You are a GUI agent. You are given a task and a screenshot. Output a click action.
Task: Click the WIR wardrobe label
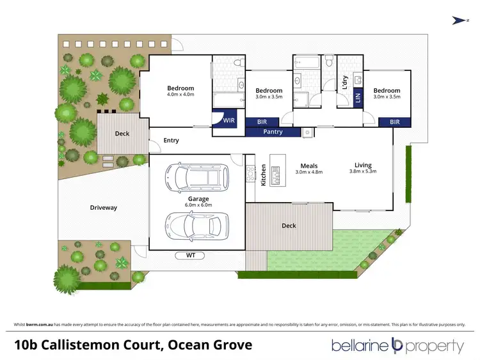click(x=229, y=120)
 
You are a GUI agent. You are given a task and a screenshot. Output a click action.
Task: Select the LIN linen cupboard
click(x=358, y=97)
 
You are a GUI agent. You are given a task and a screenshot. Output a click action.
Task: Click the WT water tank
click(x=191, y=255)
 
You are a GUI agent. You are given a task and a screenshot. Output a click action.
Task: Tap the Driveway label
click(x=103, y=208)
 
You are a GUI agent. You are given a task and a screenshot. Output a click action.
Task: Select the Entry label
click(x=171, y=141)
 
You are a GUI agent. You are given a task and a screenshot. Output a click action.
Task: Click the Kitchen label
click(x=263, y=175)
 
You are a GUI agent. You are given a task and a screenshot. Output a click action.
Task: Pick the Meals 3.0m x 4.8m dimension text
click(x=308, y=172)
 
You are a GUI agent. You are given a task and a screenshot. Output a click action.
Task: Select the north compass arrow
click(x=458, y=20)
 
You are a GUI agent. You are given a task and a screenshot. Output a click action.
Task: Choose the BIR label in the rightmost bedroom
click(x=394, y=122)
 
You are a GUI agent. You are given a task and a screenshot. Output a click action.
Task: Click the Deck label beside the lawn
click(x=288, y=226)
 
